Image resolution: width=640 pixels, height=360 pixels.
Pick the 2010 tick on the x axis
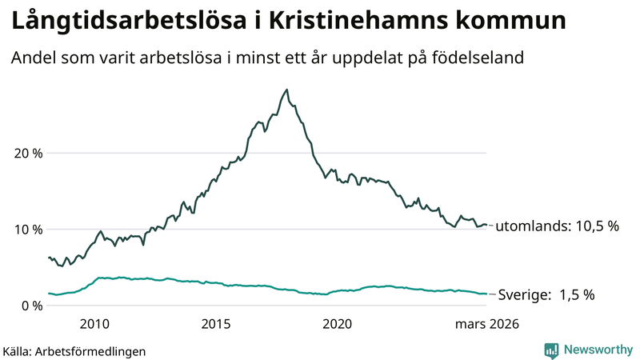94,324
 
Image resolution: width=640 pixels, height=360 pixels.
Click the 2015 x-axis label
216,324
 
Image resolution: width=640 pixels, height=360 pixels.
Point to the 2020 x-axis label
338,324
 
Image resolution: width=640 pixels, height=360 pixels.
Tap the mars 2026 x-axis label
487,324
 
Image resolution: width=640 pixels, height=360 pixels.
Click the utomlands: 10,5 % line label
558,226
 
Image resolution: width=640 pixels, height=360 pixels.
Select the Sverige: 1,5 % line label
546,295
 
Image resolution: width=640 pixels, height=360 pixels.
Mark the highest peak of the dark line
287,90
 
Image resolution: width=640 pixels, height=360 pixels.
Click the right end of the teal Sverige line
486,294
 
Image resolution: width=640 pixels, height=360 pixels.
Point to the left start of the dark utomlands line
49,258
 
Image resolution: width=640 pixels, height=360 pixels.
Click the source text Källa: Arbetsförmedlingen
74,350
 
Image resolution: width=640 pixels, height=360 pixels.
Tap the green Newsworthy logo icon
551,350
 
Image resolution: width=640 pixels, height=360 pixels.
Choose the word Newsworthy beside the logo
597,350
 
